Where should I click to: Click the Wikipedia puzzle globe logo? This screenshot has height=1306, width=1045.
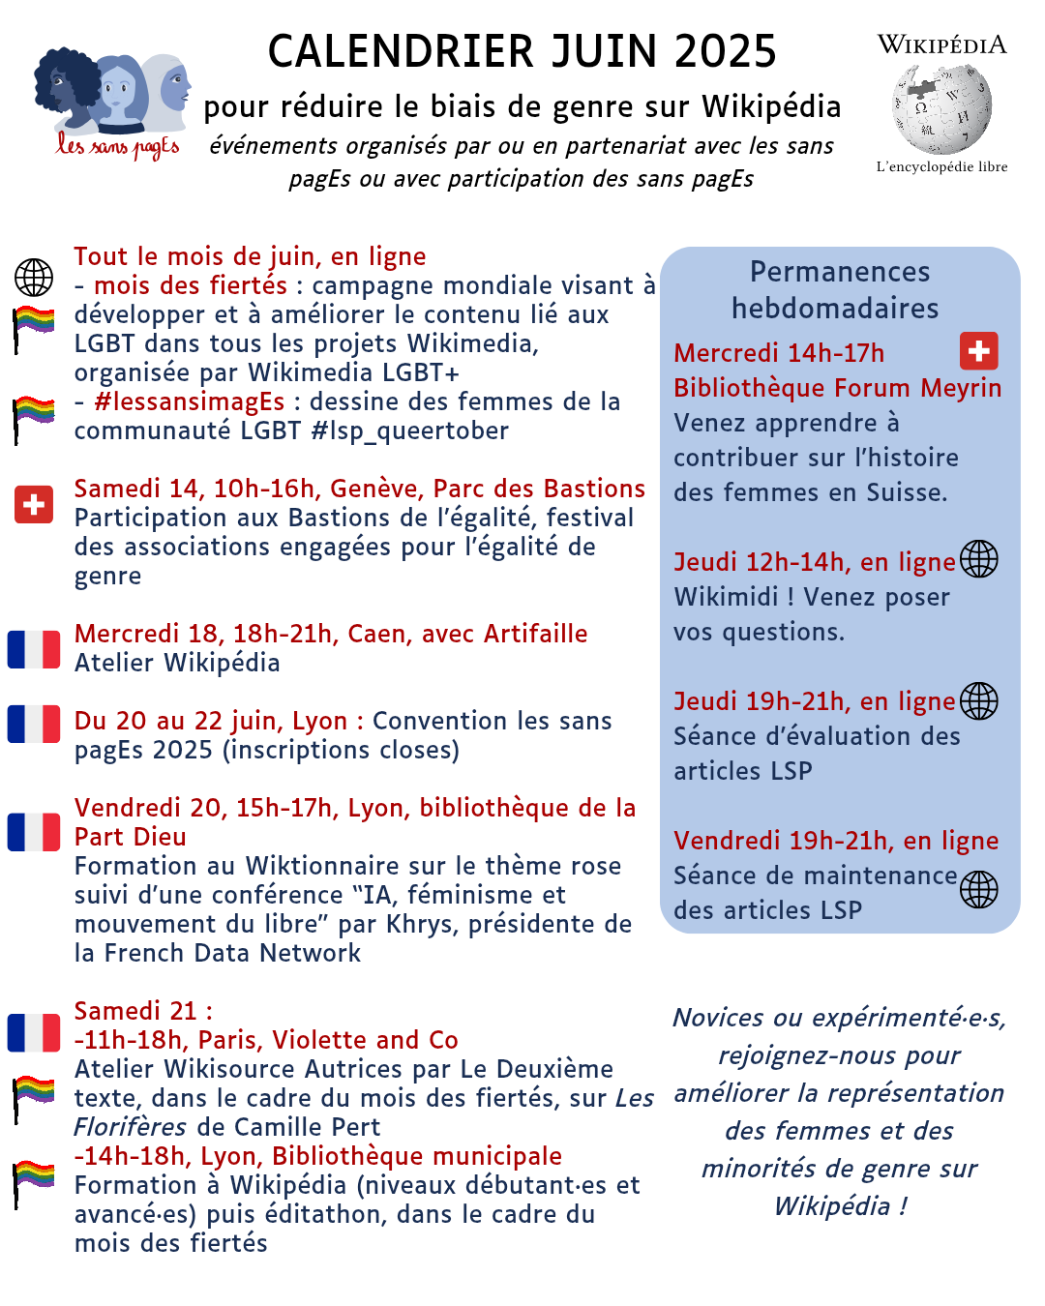[x=941, y=109]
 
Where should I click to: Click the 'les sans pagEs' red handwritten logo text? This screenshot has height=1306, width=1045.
[x=117, y=147]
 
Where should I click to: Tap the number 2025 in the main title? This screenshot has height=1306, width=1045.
[x=726, y=51]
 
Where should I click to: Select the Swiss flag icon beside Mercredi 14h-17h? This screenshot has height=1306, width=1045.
[x=978, y=351]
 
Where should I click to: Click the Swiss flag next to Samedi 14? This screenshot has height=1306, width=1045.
[x=34, y=504]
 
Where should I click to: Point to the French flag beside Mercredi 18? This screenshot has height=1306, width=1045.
[x=34, y=649]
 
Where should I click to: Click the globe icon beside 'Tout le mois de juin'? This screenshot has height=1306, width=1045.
[x=34, y=278]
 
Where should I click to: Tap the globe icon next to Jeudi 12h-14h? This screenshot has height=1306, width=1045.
[x=978, y=559]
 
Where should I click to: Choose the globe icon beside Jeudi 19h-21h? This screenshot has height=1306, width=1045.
[x=978, y=701]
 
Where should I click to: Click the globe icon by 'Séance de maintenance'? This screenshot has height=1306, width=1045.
[x=978, y=889]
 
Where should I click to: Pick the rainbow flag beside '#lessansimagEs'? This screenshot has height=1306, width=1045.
[x=34, y=418]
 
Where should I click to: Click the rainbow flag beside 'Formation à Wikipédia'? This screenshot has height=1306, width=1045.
[x=34, y=1182]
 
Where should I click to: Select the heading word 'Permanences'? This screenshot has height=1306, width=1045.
[x=840, y=272]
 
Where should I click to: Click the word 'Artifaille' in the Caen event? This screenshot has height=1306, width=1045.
[x=535, y=634]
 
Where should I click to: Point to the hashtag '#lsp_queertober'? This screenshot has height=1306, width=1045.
[x=409, y=430]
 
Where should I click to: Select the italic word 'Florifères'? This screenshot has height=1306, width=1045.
[x=131, y=1127]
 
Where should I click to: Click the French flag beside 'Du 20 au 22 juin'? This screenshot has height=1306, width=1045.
[x=34, y=724]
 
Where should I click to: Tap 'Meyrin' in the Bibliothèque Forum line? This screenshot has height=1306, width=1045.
[x=961, y=388]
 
